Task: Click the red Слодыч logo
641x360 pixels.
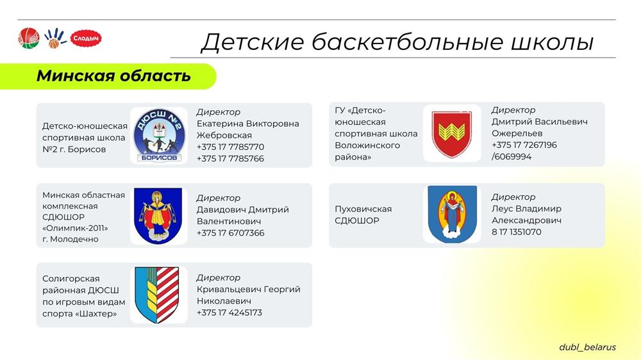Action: click(x=86, y=38)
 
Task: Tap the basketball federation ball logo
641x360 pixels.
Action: click(x=29, y=38)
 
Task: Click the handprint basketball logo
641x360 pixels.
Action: click(x=54, y=38)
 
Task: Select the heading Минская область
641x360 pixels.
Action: click(x=113, y=76)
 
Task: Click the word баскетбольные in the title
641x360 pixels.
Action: click(x=407, y=42)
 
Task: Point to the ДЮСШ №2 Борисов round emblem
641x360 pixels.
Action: click(x=159, y=135)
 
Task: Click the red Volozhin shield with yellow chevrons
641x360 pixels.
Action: click(x=452, y=134)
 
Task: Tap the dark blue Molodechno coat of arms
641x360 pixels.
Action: click(x=158, y=216)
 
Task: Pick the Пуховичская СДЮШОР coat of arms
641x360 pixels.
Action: click(x=452, y=214)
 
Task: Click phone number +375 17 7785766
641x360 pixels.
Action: click(x=230, y=159)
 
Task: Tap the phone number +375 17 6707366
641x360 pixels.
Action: click(x=230, y=233)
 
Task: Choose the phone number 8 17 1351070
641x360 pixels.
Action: click(x=516, y=232)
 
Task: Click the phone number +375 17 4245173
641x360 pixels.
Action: click(x=229, y=313)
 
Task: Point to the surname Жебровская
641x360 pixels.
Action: click(x=224, y=135)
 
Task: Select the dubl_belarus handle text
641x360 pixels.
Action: click(x=587, y=347)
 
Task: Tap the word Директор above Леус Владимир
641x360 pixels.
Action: click(x=513, y=197)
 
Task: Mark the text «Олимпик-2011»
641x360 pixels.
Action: click(x=75, y=228)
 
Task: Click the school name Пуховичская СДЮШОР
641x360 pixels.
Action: click(x=363, y=215)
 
